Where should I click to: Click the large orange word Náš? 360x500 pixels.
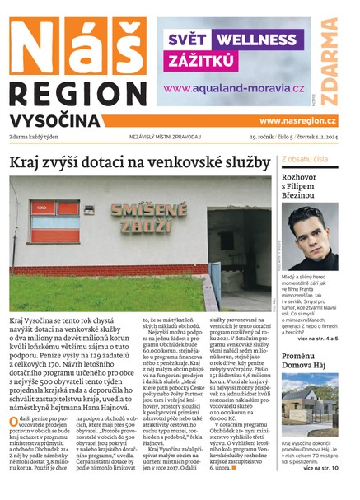coord(75,45)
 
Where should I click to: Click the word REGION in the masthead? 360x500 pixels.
coord(75,92)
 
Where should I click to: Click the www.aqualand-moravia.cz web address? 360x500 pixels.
coord(234,88)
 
